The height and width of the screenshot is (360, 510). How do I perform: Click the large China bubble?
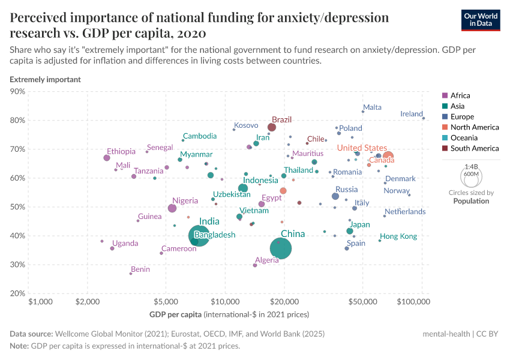click(281, 248)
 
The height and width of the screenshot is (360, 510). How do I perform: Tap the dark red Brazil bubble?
click(272, 127)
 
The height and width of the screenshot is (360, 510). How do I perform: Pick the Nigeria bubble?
click(172, 208)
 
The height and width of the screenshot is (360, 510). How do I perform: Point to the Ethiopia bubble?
click(107, 158)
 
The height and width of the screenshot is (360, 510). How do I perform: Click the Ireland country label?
click(412, 114)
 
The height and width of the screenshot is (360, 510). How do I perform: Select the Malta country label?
click(372, 107)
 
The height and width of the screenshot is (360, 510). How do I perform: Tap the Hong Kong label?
click(398, 236)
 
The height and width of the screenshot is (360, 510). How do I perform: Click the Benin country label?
click(140, 269)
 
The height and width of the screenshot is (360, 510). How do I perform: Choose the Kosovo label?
click(245, 125)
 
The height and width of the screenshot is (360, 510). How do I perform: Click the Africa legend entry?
click(460, 95)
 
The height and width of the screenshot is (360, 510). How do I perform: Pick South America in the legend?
click(474, 148)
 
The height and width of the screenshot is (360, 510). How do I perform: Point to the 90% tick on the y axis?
click(17, 92)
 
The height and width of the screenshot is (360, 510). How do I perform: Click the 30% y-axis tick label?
click(17, 265)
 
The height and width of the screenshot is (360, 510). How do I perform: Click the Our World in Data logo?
click(482, 19)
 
